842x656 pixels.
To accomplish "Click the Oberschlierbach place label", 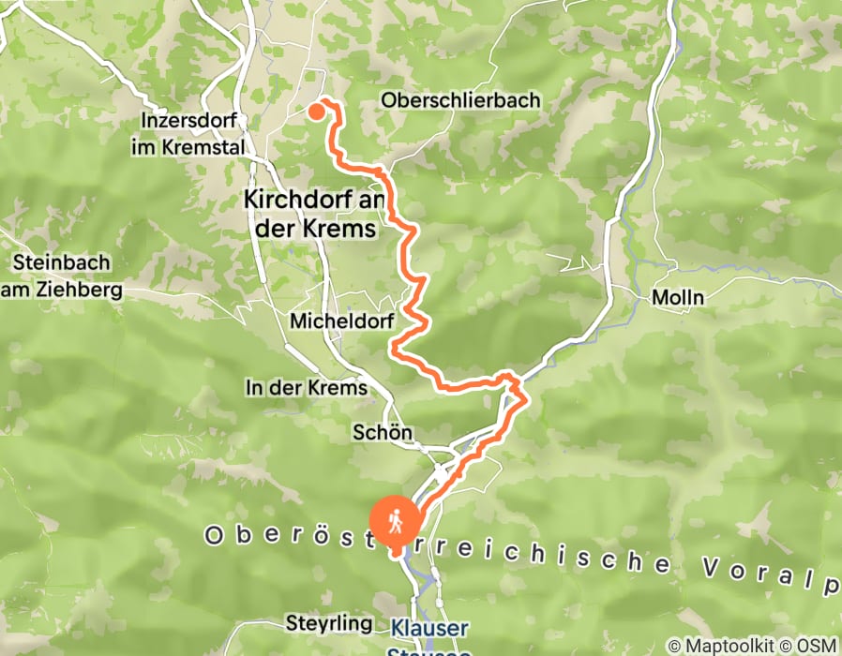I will click(460, 99).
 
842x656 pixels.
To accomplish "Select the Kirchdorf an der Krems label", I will click(309, 214).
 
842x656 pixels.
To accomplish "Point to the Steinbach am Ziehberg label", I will click(61, 276).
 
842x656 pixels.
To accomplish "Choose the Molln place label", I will click(678, 297).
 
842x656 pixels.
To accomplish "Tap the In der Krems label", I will click(306, 388).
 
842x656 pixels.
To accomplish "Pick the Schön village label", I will click(383, 432).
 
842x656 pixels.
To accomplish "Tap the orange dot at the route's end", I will click(316, 112).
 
